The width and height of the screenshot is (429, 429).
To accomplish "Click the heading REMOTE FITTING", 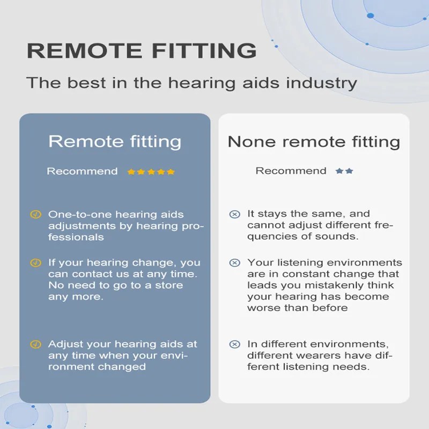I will pyautogui.click(x=142, y=51).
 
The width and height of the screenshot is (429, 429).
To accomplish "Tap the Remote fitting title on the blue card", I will pyautogui.click(x=115, y=142).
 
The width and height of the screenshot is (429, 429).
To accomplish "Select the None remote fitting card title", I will pyautogui.click(x=314, y=142).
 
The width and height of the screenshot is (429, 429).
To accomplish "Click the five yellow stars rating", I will pyautogui.click(x=151, y=172).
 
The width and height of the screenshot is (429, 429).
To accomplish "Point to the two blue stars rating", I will pyautogui.click(x=344, y=171).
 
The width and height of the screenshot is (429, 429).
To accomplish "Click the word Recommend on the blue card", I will pyautogui.click(x=82, y=172).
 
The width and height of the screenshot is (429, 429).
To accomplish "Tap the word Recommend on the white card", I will pyautogui.click(x=291, y=171).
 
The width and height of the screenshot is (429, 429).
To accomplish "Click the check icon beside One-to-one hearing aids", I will pyautogui.click(x=35, y=214).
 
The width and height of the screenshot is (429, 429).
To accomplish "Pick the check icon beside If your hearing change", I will pyautogui.click(x=35, y=263).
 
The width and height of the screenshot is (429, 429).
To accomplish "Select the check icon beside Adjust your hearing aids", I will pyautogui.click(x=35, y=344).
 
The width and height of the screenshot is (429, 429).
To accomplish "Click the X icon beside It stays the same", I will pyautogui.click(x=234, y=214).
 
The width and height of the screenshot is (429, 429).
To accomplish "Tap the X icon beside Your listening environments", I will pyautogui.click(x=234, y=263).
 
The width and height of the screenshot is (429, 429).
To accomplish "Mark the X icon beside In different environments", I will pyautogui.click(x=234, y=344).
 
